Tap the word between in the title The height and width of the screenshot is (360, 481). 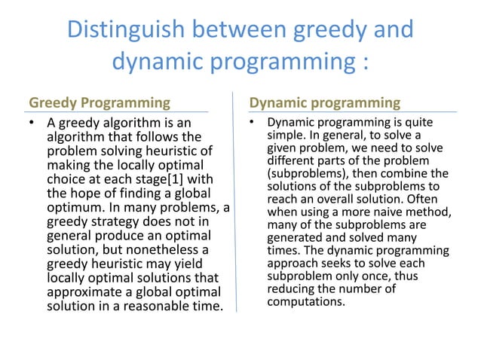234,30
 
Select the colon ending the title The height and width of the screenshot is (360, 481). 364,62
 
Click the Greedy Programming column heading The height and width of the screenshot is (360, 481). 100,102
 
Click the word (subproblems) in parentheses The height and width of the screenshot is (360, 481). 304,173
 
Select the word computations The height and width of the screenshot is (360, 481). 306,302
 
